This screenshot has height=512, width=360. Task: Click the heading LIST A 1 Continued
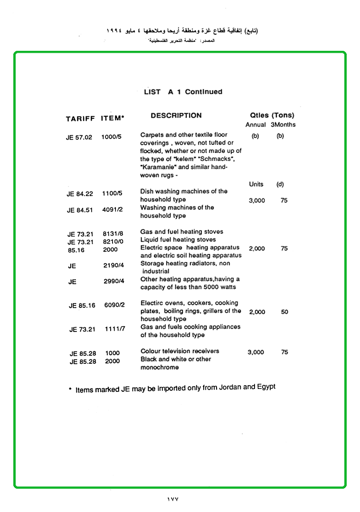[183, 92]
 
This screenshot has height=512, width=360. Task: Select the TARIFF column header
[80, 119]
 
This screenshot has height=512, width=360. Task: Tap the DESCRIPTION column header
[176, 115]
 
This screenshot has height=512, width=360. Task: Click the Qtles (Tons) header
[272, 115]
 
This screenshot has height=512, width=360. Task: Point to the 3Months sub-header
[283, 125]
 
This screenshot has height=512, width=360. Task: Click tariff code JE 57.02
[79, 137]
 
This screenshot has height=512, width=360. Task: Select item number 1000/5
[111, 137]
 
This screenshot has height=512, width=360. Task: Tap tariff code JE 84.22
[80, 194]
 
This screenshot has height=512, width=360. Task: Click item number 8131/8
[113, 234]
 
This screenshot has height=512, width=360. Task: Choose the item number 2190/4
[114, 265]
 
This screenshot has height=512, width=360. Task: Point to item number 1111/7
[114, 329]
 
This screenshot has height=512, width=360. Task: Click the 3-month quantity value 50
[284, 312]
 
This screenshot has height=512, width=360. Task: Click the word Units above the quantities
[256, 184]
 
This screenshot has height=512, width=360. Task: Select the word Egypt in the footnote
[266, 387]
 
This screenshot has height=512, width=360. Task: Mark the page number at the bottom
[172, 499]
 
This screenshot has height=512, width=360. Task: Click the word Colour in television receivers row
[151, 351]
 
